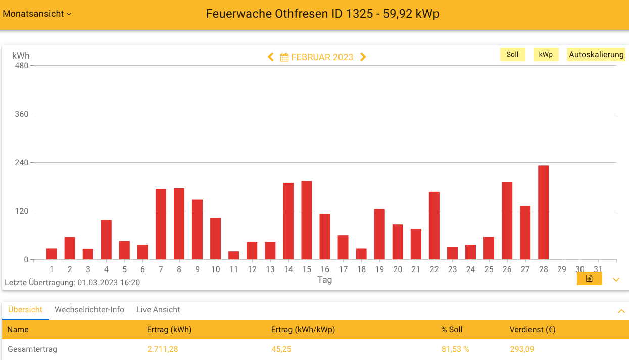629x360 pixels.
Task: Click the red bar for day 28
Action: (543, 212)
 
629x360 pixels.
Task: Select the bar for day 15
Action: (306, 220)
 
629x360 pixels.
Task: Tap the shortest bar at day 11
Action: (233, 255)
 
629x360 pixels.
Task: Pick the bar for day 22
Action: (434, 226)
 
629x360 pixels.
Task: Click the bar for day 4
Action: (106, 240)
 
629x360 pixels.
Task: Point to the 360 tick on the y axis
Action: (21, 114)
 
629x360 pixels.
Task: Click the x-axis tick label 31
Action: (598, 269)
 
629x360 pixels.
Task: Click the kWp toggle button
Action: (546, 55)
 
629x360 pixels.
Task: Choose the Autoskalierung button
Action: (596, 55)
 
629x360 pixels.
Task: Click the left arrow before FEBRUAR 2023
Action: (271, 57)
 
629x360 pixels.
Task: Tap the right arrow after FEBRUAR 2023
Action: (363, 57)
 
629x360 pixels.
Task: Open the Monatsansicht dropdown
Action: (37, 14)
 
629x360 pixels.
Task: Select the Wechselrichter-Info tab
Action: (89, 310)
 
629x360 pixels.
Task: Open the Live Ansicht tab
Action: (158, 310)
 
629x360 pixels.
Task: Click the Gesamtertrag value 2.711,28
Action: (162, 349)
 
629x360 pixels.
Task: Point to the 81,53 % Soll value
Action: (455, 349)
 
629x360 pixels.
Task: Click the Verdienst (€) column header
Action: (533, 330)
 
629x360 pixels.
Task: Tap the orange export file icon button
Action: (589, 279)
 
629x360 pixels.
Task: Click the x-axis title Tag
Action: (324, 280)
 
